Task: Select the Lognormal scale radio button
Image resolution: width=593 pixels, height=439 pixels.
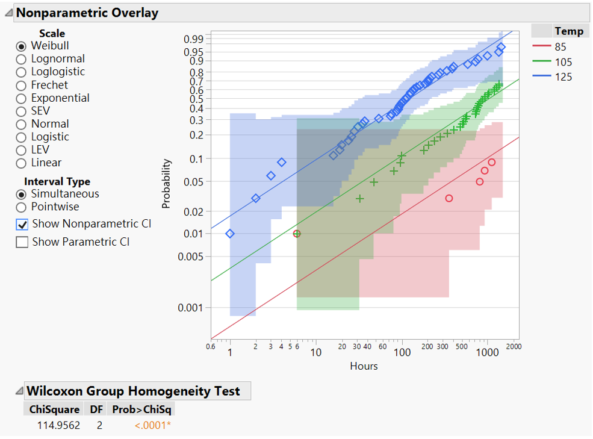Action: point(22,59)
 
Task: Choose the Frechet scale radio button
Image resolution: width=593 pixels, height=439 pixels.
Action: point(22,86)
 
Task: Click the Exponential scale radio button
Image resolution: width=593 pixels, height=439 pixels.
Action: point(22,98)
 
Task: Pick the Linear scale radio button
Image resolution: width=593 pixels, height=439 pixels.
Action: point(22,163)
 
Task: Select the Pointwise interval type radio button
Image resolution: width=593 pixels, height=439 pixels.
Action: point(22,207)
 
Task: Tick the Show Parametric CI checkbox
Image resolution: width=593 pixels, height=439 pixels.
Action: point(22,242)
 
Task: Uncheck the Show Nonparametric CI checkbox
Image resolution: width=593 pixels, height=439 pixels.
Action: point(22,224)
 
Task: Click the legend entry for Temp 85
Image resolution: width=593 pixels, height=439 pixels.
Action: point(560,47)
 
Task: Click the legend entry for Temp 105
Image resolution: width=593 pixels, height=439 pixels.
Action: point(563,62)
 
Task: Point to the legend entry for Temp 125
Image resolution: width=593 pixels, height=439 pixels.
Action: point(563,77)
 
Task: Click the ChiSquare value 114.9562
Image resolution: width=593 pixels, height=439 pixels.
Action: point(54,426)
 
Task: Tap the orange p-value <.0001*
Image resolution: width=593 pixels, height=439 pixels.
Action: point(154,426)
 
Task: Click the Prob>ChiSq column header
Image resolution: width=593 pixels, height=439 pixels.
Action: point(143,409)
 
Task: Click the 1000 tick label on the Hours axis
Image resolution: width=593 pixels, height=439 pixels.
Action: point(488,352)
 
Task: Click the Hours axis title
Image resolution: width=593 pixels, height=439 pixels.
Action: point(364,366)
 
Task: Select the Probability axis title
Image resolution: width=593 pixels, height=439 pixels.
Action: point(167,184)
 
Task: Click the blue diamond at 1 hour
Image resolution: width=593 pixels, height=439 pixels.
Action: point(230,234)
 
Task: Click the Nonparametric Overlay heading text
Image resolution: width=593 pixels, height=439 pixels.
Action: point(87,13)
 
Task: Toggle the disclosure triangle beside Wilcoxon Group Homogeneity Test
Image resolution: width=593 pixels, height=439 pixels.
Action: point(19,391)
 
